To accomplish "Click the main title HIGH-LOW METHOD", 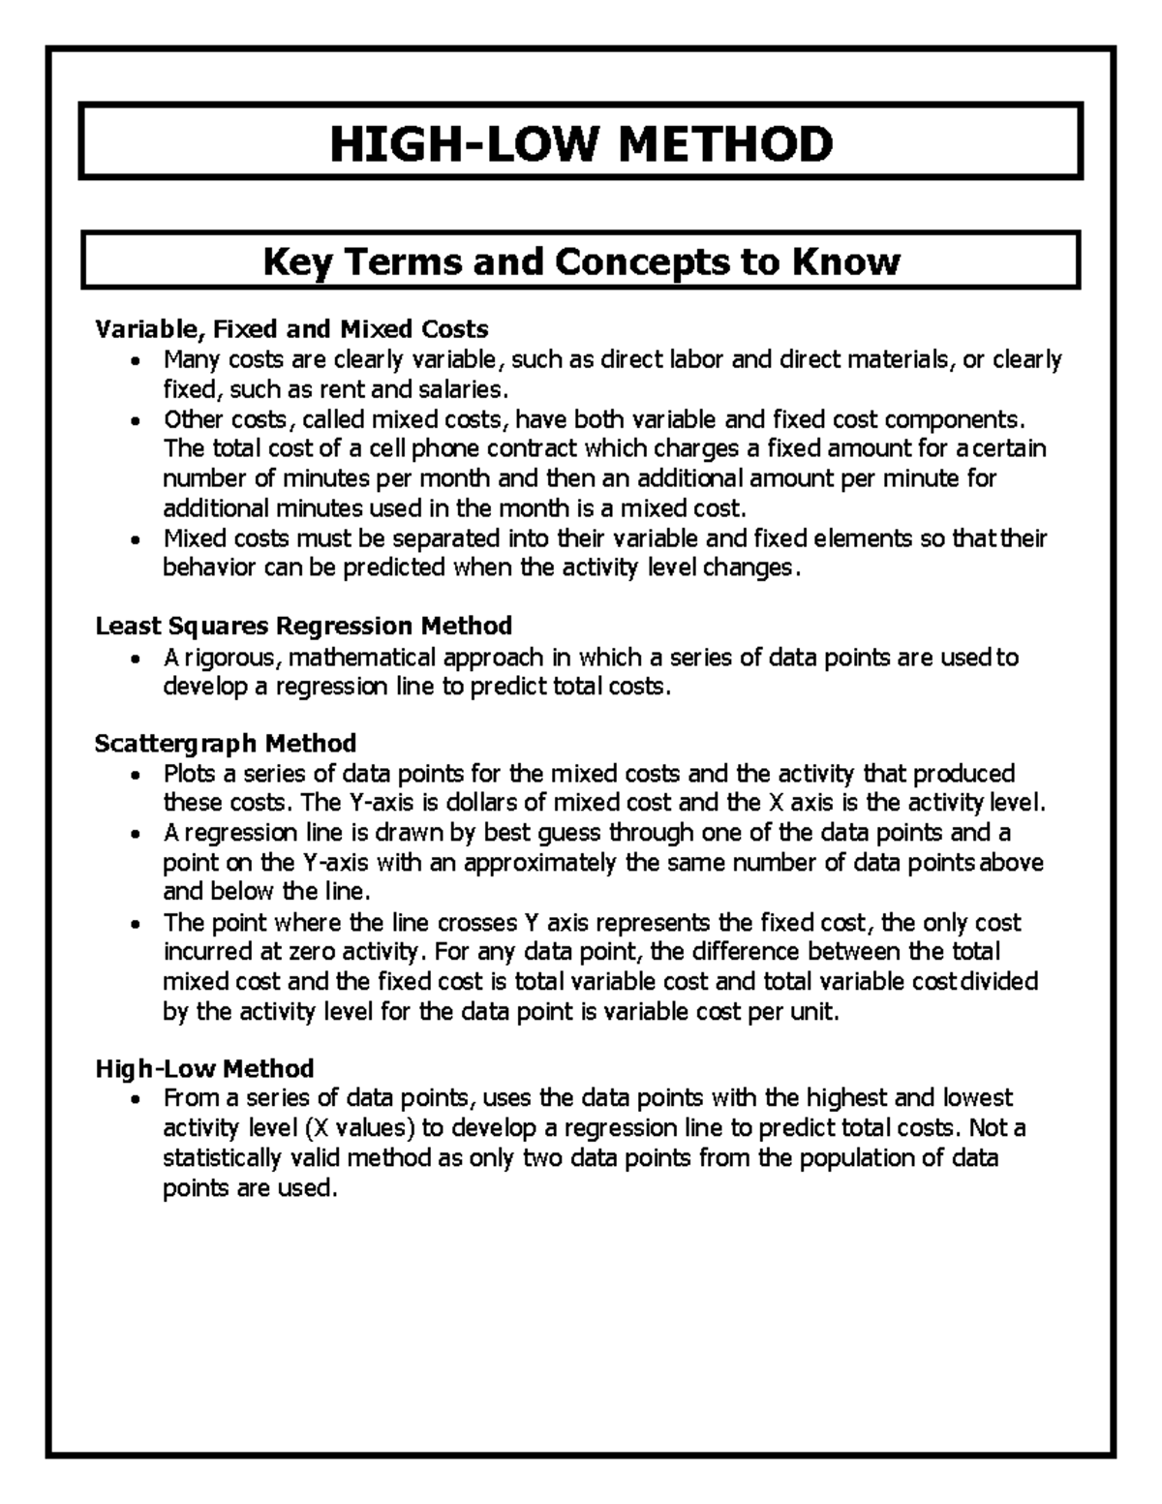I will click(581, 144).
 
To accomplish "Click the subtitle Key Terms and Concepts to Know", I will click(581, 261).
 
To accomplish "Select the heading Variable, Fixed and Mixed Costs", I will click(291, 329).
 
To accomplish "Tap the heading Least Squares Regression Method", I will click(303, 626).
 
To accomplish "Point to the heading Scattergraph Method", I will click(226, 743).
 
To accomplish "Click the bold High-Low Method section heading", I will click(204, 1068).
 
